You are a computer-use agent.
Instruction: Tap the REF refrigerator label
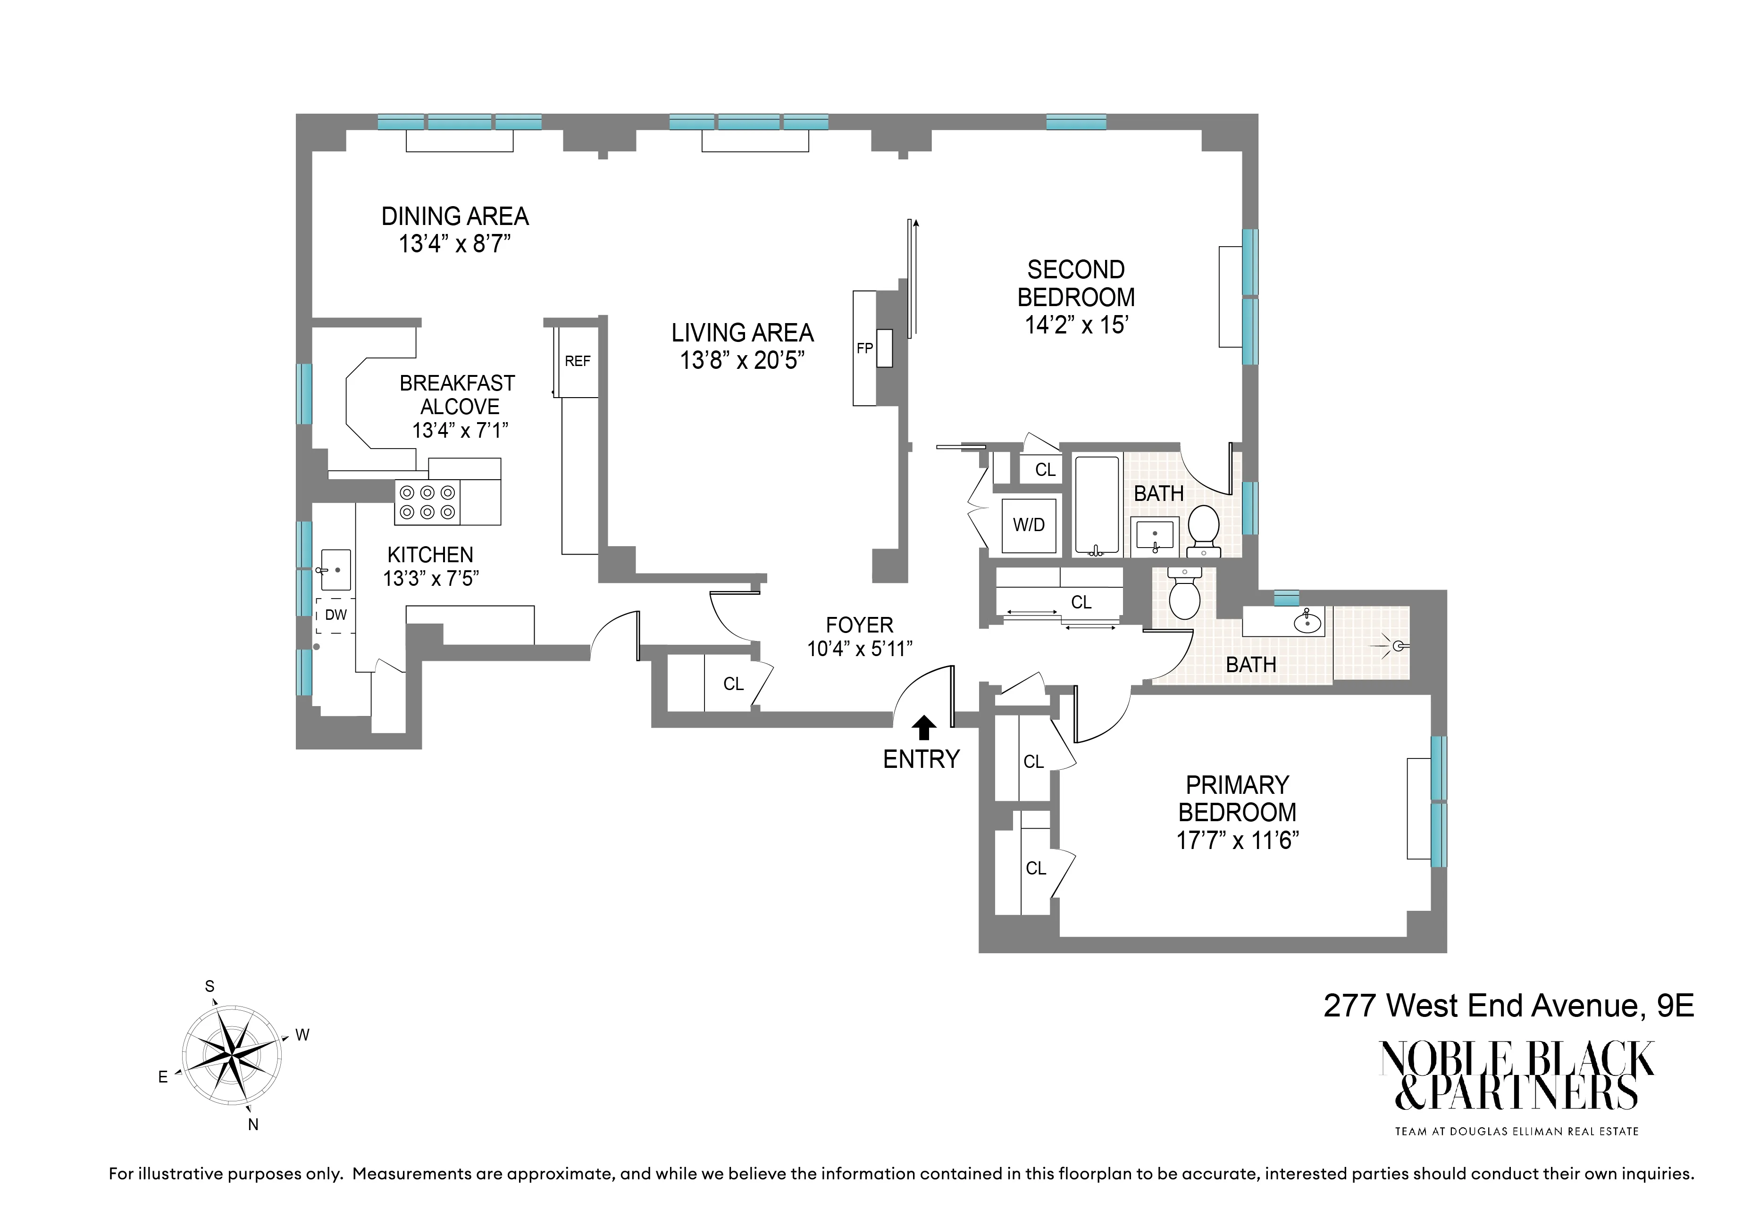coord(577,361)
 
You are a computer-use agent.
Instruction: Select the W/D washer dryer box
coord(1029,525)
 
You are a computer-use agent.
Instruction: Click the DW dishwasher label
coord(335,615)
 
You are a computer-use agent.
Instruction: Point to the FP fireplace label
coord(864,349)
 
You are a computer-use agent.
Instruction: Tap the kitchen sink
coord(335,570)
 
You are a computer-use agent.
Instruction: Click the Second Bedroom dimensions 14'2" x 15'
coord(1076,325)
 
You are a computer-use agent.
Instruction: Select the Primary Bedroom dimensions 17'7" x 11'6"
coord(1237,841)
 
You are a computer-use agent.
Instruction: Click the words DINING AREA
coord(455,217)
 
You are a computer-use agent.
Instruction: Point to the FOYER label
coord(859,625)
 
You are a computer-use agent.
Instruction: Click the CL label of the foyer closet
coord(733,684)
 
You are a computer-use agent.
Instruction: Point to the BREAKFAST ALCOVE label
coord(458,395)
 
